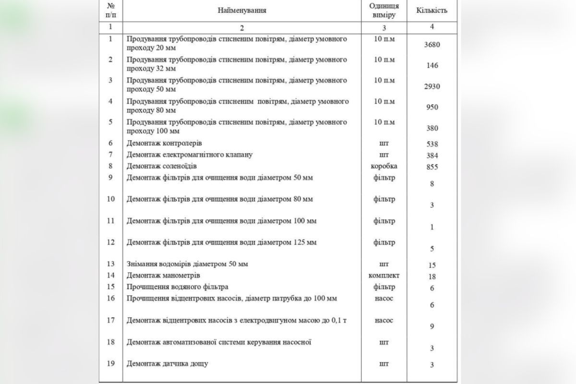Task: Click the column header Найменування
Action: click(241, 10)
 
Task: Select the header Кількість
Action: click(432, 10)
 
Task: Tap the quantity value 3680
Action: click(432, 45)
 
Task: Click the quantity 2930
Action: click(432, 86)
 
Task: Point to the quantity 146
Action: click(432, 65)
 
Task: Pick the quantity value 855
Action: click(432, 167)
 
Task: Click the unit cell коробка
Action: click(384, 166)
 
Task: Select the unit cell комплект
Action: click(384, 276)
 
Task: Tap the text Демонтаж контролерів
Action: click(164, 143)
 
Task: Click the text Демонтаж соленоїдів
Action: click(162, 166)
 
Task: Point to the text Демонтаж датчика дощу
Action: click(167, 364)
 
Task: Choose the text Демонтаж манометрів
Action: click(163, 276)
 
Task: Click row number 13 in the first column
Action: click(111, 264)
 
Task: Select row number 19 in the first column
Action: click(111, 363)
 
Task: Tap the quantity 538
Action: click(432, 144)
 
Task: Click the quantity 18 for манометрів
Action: click(432, 276)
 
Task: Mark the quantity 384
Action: click(432, 156)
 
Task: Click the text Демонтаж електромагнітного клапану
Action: click(190, 155)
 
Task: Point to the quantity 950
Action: click(432, 107)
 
